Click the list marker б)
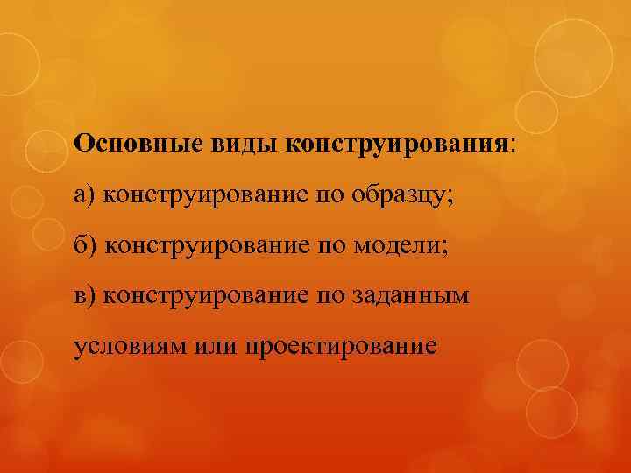(86, 244)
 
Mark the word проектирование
(342, 347)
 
